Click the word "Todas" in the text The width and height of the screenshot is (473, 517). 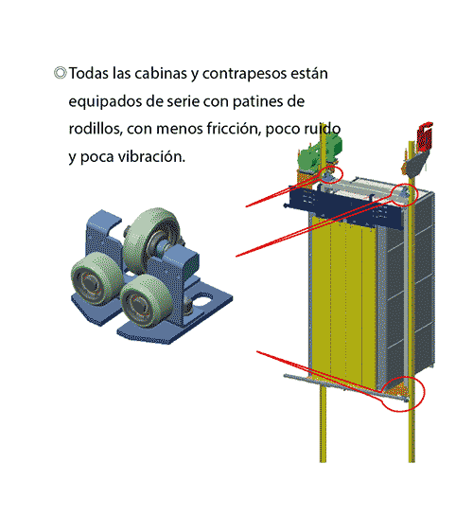[89, 73]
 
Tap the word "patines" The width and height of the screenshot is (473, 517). [256, 102]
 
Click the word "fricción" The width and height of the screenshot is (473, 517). [234, 129]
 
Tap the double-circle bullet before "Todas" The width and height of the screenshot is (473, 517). [61, 73]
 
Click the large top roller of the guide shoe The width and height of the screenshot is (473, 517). [151, 231]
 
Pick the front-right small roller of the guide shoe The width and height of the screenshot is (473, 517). [145, 301]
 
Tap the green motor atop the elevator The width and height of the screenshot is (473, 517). [320, 152]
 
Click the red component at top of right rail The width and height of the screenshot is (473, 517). [424, 135]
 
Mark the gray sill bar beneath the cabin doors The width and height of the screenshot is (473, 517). [346, 387]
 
